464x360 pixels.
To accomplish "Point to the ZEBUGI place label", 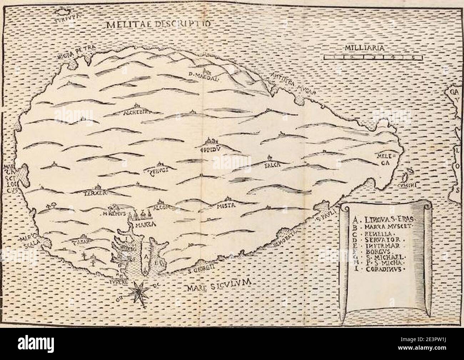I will coord(158,170).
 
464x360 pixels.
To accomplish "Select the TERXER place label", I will coord(95,193).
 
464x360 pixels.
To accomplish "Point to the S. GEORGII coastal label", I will coord(200,271).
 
